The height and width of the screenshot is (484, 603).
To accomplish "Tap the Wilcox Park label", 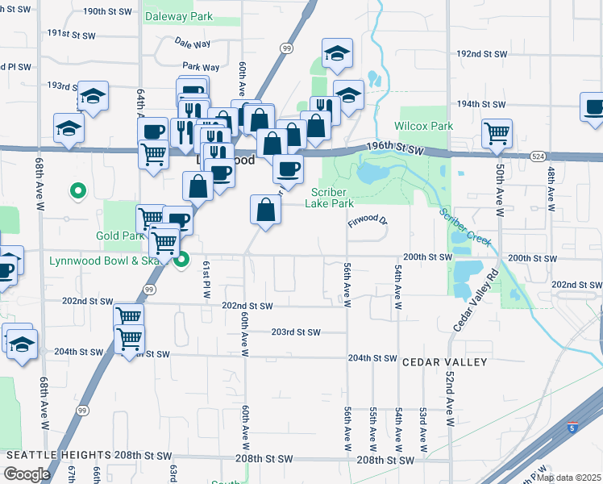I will click(x=423, y=126).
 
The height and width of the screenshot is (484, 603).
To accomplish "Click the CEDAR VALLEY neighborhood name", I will click(x=445, y=362).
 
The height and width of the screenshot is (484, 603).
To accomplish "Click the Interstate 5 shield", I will click(x=572, y=428).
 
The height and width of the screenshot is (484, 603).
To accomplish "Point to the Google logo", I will click(x=27, y=474).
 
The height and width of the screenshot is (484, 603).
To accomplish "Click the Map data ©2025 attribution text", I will click(x=568, y=478).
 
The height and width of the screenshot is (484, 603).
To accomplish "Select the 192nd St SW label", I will click(x=481, y=53).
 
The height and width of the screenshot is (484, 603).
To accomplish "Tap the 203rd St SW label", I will click(x=296, y=332).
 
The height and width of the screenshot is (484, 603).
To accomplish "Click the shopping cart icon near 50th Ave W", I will click(x=497, y=133).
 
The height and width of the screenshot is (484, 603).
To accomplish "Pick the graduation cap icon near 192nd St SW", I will click(x=337, y=54).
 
